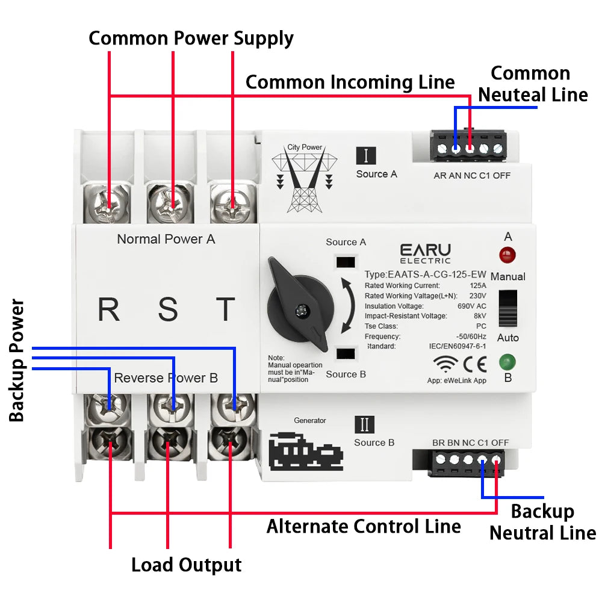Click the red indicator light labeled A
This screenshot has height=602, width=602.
tap(507, 255)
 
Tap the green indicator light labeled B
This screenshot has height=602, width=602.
tap(507, 362)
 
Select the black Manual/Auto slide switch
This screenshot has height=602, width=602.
tap(509, 308)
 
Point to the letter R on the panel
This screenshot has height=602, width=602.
tap(109, 309)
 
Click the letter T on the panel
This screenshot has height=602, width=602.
tap(226, 309)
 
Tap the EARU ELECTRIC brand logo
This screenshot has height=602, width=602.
tap(425, 253)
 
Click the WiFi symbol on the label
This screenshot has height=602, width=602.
tap(445, 364)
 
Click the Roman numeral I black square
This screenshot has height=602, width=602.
tap(366, 155)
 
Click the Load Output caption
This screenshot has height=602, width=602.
tap(186, 565)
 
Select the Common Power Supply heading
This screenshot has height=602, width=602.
tap(191, 38)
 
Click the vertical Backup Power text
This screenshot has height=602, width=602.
tap(17, 359)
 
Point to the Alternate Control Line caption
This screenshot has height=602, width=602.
tap(364, 526)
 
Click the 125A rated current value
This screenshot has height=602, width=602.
tap(477, 285)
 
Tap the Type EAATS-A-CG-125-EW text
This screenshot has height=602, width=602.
tap(425, 275)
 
